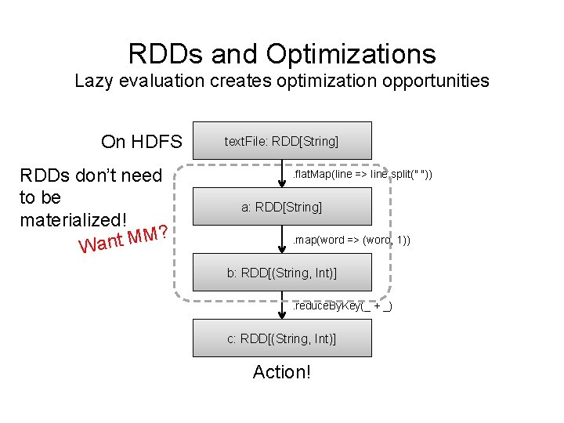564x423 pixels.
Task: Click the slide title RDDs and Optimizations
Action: (x=282, y=53)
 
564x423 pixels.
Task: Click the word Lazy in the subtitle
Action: (x=94, y=81)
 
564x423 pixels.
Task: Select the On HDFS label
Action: (x=141, y=142)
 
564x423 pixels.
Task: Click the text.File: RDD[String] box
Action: (x=282, y=141)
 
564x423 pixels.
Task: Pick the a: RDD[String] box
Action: (x=282, y=207)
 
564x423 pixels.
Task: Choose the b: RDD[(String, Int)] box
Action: (x=282, y=273)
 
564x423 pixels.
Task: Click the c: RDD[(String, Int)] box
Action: (x=282, y=338)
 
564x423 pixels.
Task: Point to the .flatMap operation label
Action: (x=361, y=174)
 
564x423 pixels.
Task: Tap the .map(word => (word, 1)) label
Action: (x=351, y=240)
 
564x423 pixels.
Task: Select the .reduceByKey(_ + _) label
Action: (x=342, y=305)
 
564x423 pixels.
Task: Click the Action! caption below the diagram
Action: (x=282, y=372)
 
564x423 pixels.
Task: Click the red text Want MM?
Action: (x=125, y=240)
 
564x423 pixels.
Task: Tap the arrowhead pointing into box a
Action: (x=283, y=185)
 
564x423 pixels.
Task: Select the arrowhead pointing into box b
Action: (x=283, y=251)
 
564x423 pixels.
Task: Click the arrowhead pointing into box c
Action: (x=283, y=316)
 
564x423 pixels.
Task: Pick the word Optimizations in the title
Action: (x=351, y=53)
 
